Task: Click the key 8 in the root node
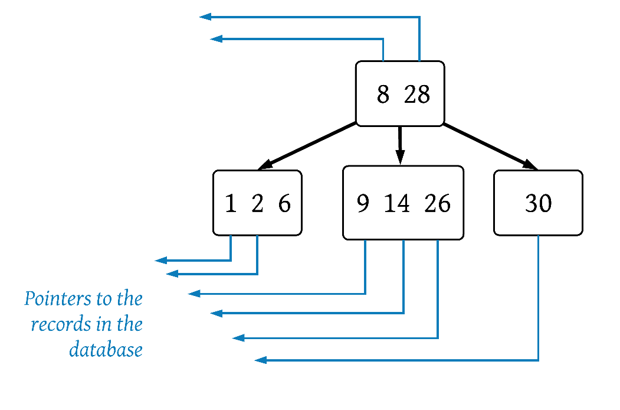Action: click(x=383, y=95)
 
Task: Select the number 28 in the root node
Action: click(x=416, y=95)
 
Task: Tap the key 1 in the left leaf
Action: click(x=231, y=204)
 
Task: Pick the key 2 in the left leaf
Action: click(x=257, y=204)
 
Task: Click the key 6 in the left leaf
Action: click(x=284, y=204)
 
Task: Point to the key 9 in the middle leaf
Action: click(x=363, y=204)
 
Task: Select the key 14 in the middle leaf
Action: click(x=396, y=204)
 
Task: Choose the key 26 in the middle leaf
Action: click(x=437, y=204)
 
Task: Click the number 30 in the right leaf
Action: click(x=538, y=204)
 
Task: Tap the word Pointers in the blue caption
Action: click(x=58, y=299)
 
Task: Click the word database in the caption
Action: click(x=106, y=350)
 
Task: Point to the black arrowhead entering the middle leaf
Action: click(x=400, y=158)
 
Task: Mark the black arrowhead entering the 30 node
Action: click(x=530, y=164)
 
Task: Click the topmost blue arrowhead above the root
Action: click(x=205, y=17)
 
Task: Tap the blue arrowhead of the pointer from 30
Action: click(x=260, y=360)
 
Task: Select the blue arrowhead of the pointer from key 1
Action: click(x=160, y=261)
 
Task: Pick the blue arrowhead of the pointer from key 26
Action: click(x=238, y=338)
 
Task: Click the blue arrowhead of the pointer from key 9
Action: click(x=193, y=294)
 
